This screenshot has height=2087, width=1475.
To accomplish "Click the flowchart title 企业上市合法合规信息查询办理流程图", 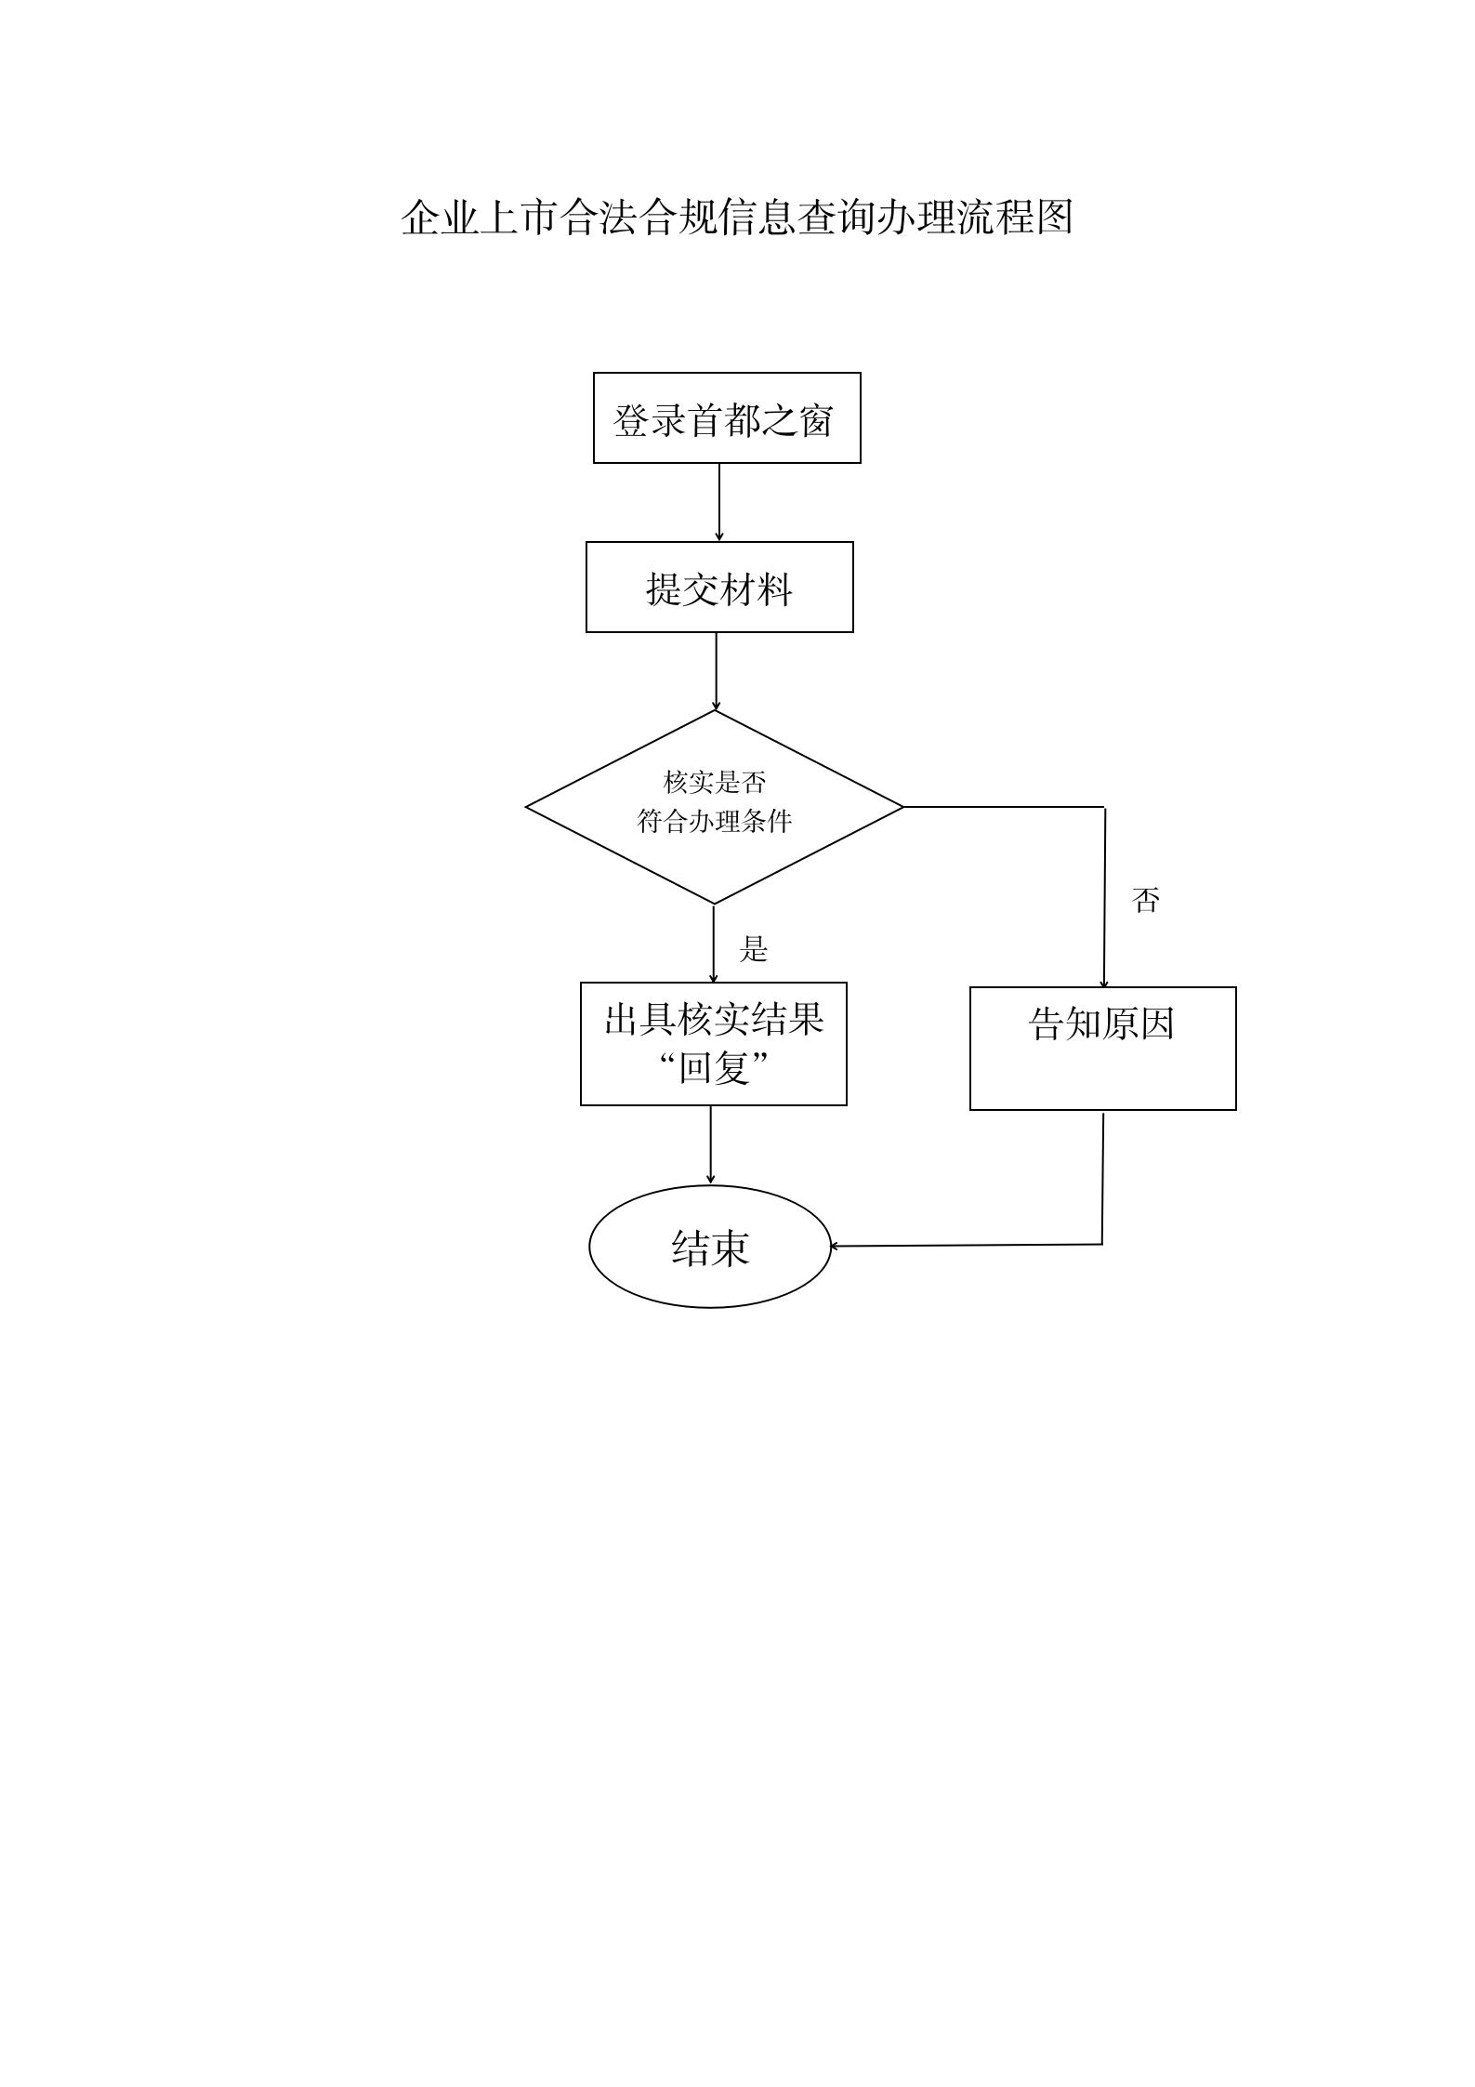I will (x=737, y=218).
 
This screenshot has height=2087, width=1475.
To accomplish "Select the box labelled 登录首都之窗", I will (x=727, y=418).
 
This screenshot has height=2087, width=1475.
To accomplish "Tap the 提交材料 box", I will (x=719, y=588).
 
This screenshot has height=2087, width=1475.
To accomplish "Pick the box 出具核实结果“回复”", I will (x=714, y=1043).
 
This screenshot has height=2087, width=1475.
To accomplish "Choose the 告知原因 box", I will (x=1102, y=1049).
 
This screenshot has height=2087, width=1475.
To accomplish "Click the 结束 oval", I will (x=710, y=1247).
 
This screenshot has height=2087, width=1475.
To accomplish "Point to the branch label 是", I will (x=754, y=949).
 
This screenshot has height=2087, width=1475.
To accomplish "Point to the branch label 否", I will (x=1146, y=900).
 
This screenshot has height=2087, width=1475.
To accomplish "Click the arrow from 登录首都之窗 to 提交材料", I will (x=718, y=502).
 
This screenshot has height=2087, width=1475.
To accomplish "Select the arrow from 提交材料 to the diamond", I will (x=716, y=671).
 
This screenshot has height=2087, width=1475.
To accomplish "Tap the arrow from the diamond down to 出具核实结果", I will (x=714, y=943).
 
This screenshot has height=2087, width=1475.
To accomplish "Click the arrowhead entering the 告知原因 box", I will (x=1104, y=982).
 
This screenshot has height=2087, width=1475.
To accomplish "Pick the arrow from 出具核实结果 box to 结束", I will (x=711, y=1145).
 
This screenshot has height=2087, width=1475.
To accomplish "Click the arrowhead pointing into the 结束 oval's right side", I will (x=836, y=1246).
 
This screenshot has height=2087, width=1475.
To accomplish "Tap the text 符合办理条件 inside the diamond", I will (x=715, y=822).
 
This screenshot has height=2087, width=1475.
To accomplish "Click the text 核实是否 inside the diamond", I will (x=715, y=783).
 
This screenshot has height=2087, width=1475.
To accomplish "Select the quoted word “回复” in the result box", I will (x=714, y=1068).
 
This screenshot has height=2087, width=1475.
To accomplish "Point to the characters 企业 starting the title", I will (x=439, y=218).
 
